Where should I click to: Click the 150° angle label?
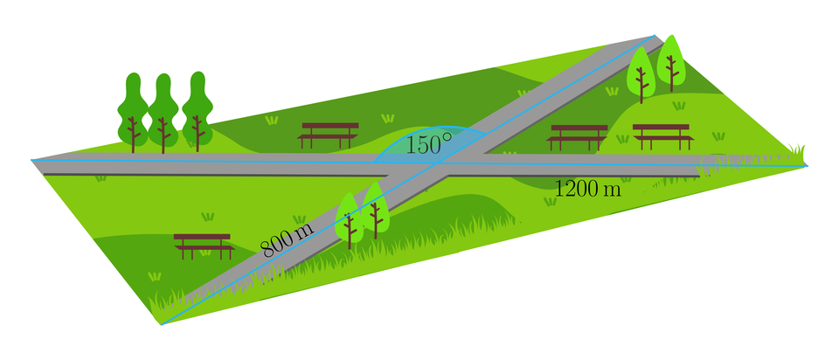click(428, 145)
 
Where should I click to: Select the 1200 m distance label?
click(587, 188)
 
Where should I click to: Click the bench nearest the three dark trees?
click(329, 134)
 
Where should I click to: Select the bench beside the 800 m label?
click(204, 246)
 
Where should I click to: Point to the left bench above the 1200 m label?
click(578, 136)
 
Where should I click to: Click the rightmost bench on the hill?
click(662, 135)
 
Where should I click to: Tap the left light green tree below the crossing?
click(350, 218)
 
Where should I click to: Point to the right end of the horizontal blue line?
click(806, 165)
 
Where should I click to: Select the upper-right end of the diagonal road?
click(654, 37)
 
